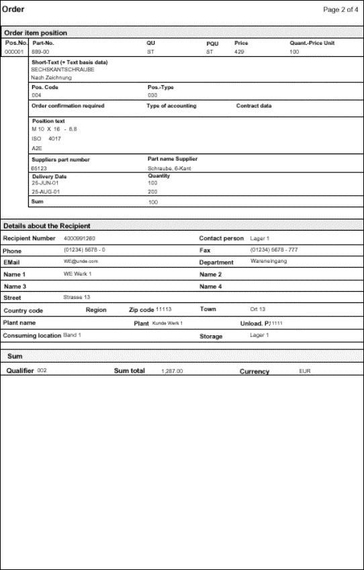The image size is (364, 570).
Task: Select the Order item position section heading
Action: [35, 33]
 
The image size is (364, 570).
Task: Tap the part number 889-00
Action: [40, 51]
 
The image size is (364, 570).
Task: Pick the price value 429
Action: [239, 51]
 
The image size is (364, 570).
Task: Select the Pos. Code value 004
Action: [36, 95]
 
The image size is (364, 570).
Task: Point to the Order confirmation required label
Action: [68, 106]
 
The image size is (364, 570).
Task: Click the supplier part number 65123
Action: [39, 168]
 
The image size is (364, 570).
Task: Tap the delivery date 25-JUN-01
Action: [46, 182]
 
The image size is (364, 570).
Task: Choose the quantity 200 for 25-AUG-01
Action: [152, 191]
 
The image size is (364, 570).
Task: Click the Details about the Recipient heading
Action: [47, 226]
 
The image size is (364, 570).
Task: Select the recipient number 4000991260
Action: [79, 238]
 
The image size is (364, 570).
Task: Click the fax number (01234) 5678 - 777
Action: [273, 250]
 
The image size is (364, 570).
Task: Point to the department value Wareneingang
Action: [268, 262]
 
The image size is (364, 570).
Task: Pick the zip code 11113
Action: [164, 310]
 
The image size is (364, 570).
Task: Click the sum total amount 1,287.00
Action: [172, 371]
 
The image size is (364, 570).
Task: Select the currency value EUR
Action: [305, 371]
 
